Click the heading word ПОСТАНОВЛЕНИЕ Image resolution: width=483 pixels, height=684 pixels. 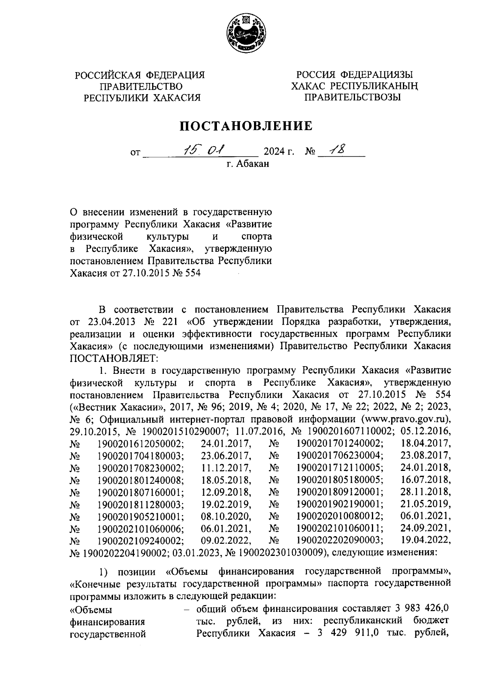click(x=246, y=126)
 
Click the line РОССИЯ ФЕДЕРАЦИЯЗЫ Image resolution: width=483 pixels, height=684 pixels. click(x=354, y=75)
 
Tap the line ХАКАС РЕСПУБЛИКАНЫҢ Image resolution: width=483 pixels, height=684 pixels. click(x=355, y=86)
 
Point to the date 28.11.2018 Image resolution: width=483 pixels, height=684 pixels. click(x=426, y=492)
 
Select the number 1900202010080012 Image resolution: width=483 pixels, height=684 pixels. click(x=340, y=516)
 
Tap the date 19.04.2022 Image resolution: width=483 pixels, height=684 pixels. click(x=426, y=540)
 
